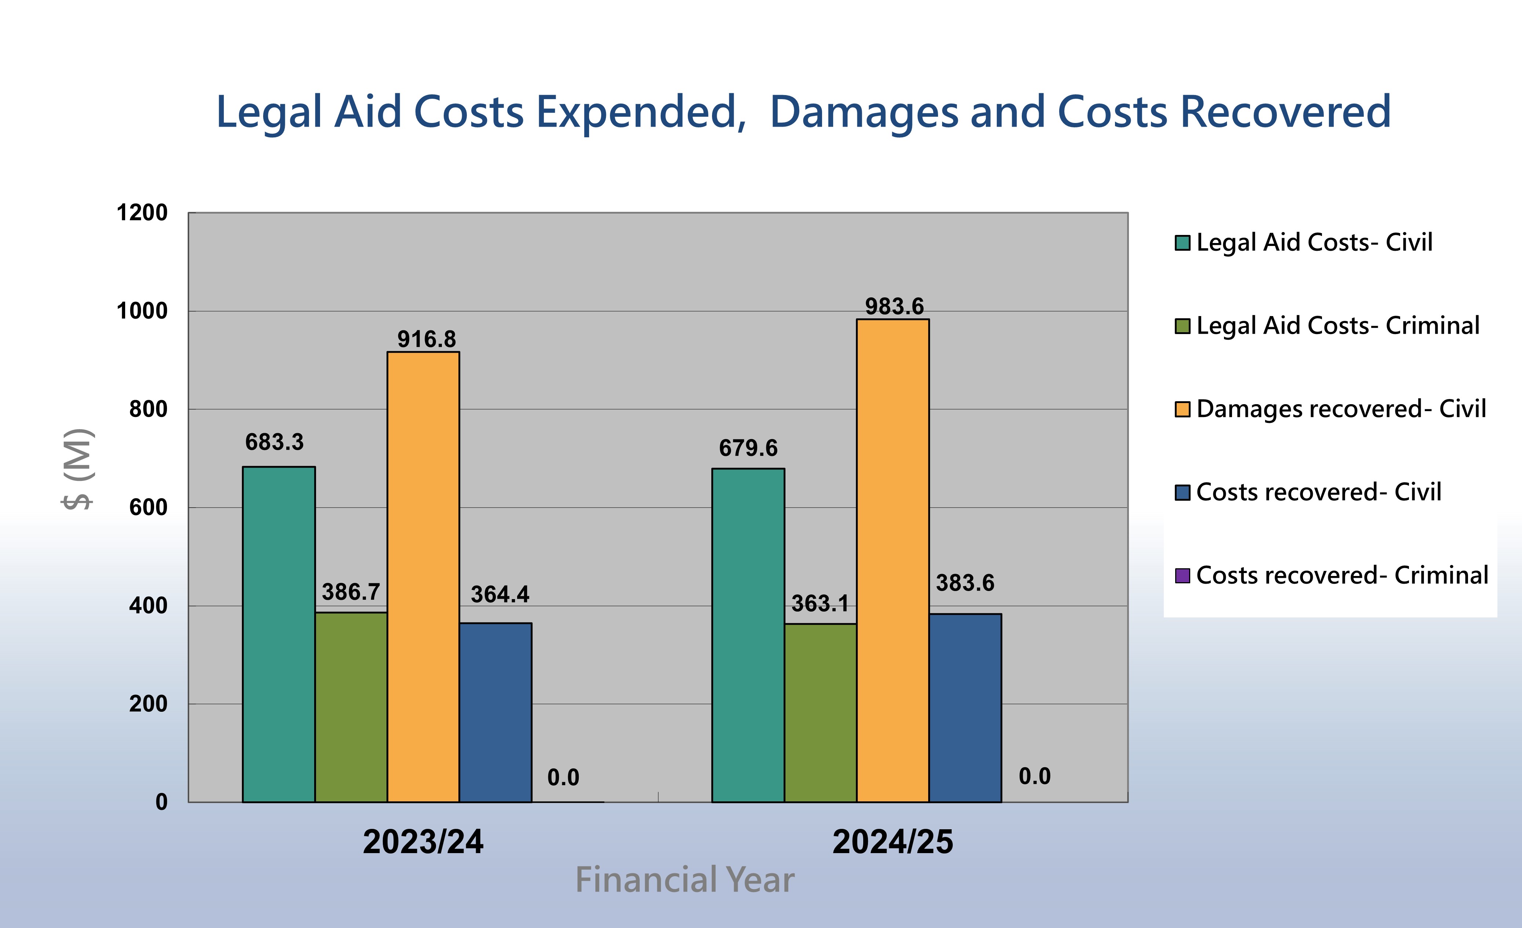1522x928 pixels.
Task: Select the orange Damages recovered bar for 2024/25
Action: click(x=893, y=561)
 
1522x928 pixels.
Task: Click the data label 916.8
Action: click(x=426, y=339)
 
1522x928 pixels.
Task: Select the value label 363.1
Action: click(x=820, y=603)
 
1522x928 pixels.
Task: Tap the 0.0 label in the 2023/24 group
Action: click(x=563, y=777)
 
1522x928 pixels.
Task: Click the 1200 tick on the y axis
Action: click(x=142, y=213)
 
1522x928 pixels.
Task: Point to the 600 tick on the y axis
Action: click(x=148, y=507)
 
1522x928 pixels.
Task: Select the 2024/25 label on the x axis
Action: click(x=893, y=841)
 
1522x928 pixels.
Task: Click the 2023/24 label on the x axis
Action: click(x=423, y=841)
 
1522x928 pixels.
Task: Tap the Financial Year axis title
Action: click(x=684, y=880)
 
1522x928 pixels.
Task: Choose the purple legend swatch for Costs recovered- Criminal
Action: click(x=1182, y=576)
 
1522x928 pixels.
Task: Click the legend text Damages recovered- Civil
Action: click(x=1340, y=409)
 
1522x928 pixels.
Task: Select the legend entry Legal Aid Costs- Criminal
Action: click(x=1337, y=326)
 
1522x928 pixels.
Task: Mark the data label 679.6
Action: click(x=748, y=448)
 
